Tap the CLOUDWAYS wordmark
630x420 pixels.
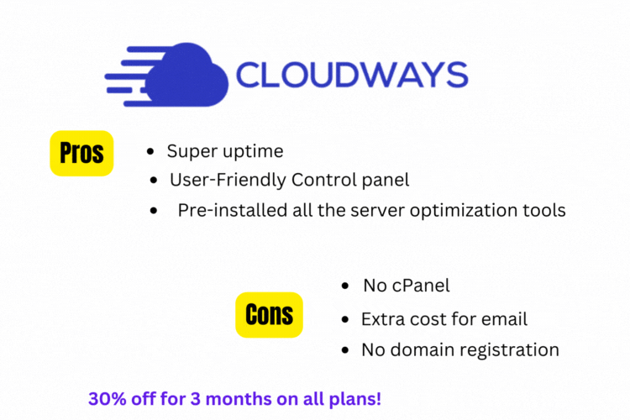tap(352, 75)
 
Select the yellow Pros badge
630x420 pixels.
tap(81, 153)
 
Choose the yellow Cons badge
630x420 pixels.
tap(269, 315)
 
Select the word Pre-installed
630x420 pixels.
tap(233, 210)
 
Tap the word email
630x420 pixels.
tap(504, 319)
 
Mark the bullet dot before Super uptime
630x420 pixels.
tap(150, 151)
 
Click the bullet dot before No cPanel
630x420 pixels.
tap(345, 286)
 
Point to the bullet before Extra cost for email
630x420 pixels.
tap(345, 319)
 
